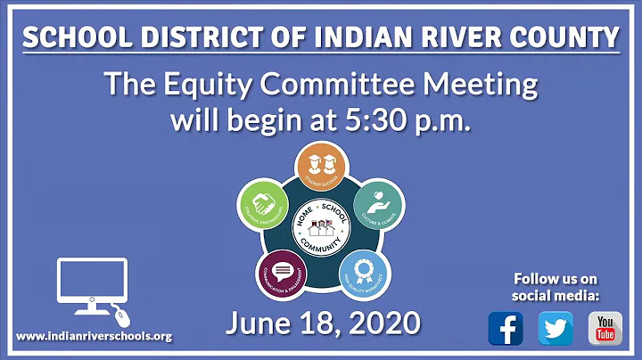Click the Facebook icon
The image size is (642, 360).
coord(506,329)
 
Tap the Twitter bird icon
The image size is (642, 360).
coord(556,329)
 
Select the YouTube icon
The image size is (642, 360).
coord(605,329)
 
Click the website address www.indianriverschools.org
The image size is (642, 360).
coord(94,336)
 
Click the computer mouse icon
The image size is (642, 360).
coord(122,315)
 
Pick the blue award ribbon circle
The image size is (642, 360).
coord(362,269)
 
